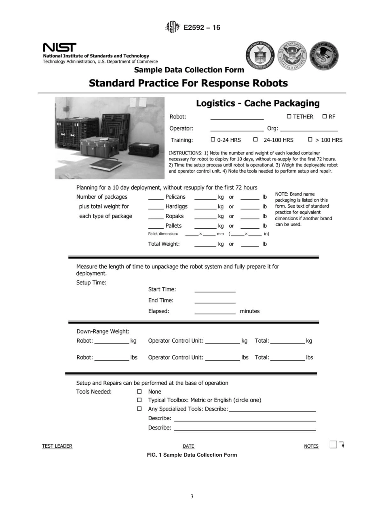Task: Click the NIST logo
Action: tap(59, 47)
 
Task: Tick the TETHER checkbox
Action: tap(289, 117)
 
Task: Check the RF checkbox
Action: tap(325, 117)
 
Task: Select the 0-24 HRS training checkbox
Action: tap(213, 140)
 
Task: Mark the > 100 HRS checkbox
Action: tap(310, 140)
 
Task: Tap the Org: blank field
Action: tap(309, 130)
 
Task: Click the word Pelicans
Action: tap(175, 197)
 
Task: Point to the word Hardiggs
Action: tap(176, 206)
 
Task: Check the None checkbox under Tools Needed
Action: tap(139, 392)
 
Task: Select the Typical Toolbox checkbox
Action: tap(139, 400)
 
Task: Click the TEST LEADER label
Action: tap(57, 446)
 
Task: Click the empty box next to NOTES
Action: tap(333, 444)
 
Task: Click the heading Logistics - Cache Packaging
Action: tap(257, 103)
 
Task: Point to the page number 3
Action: tap(192, 496)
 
